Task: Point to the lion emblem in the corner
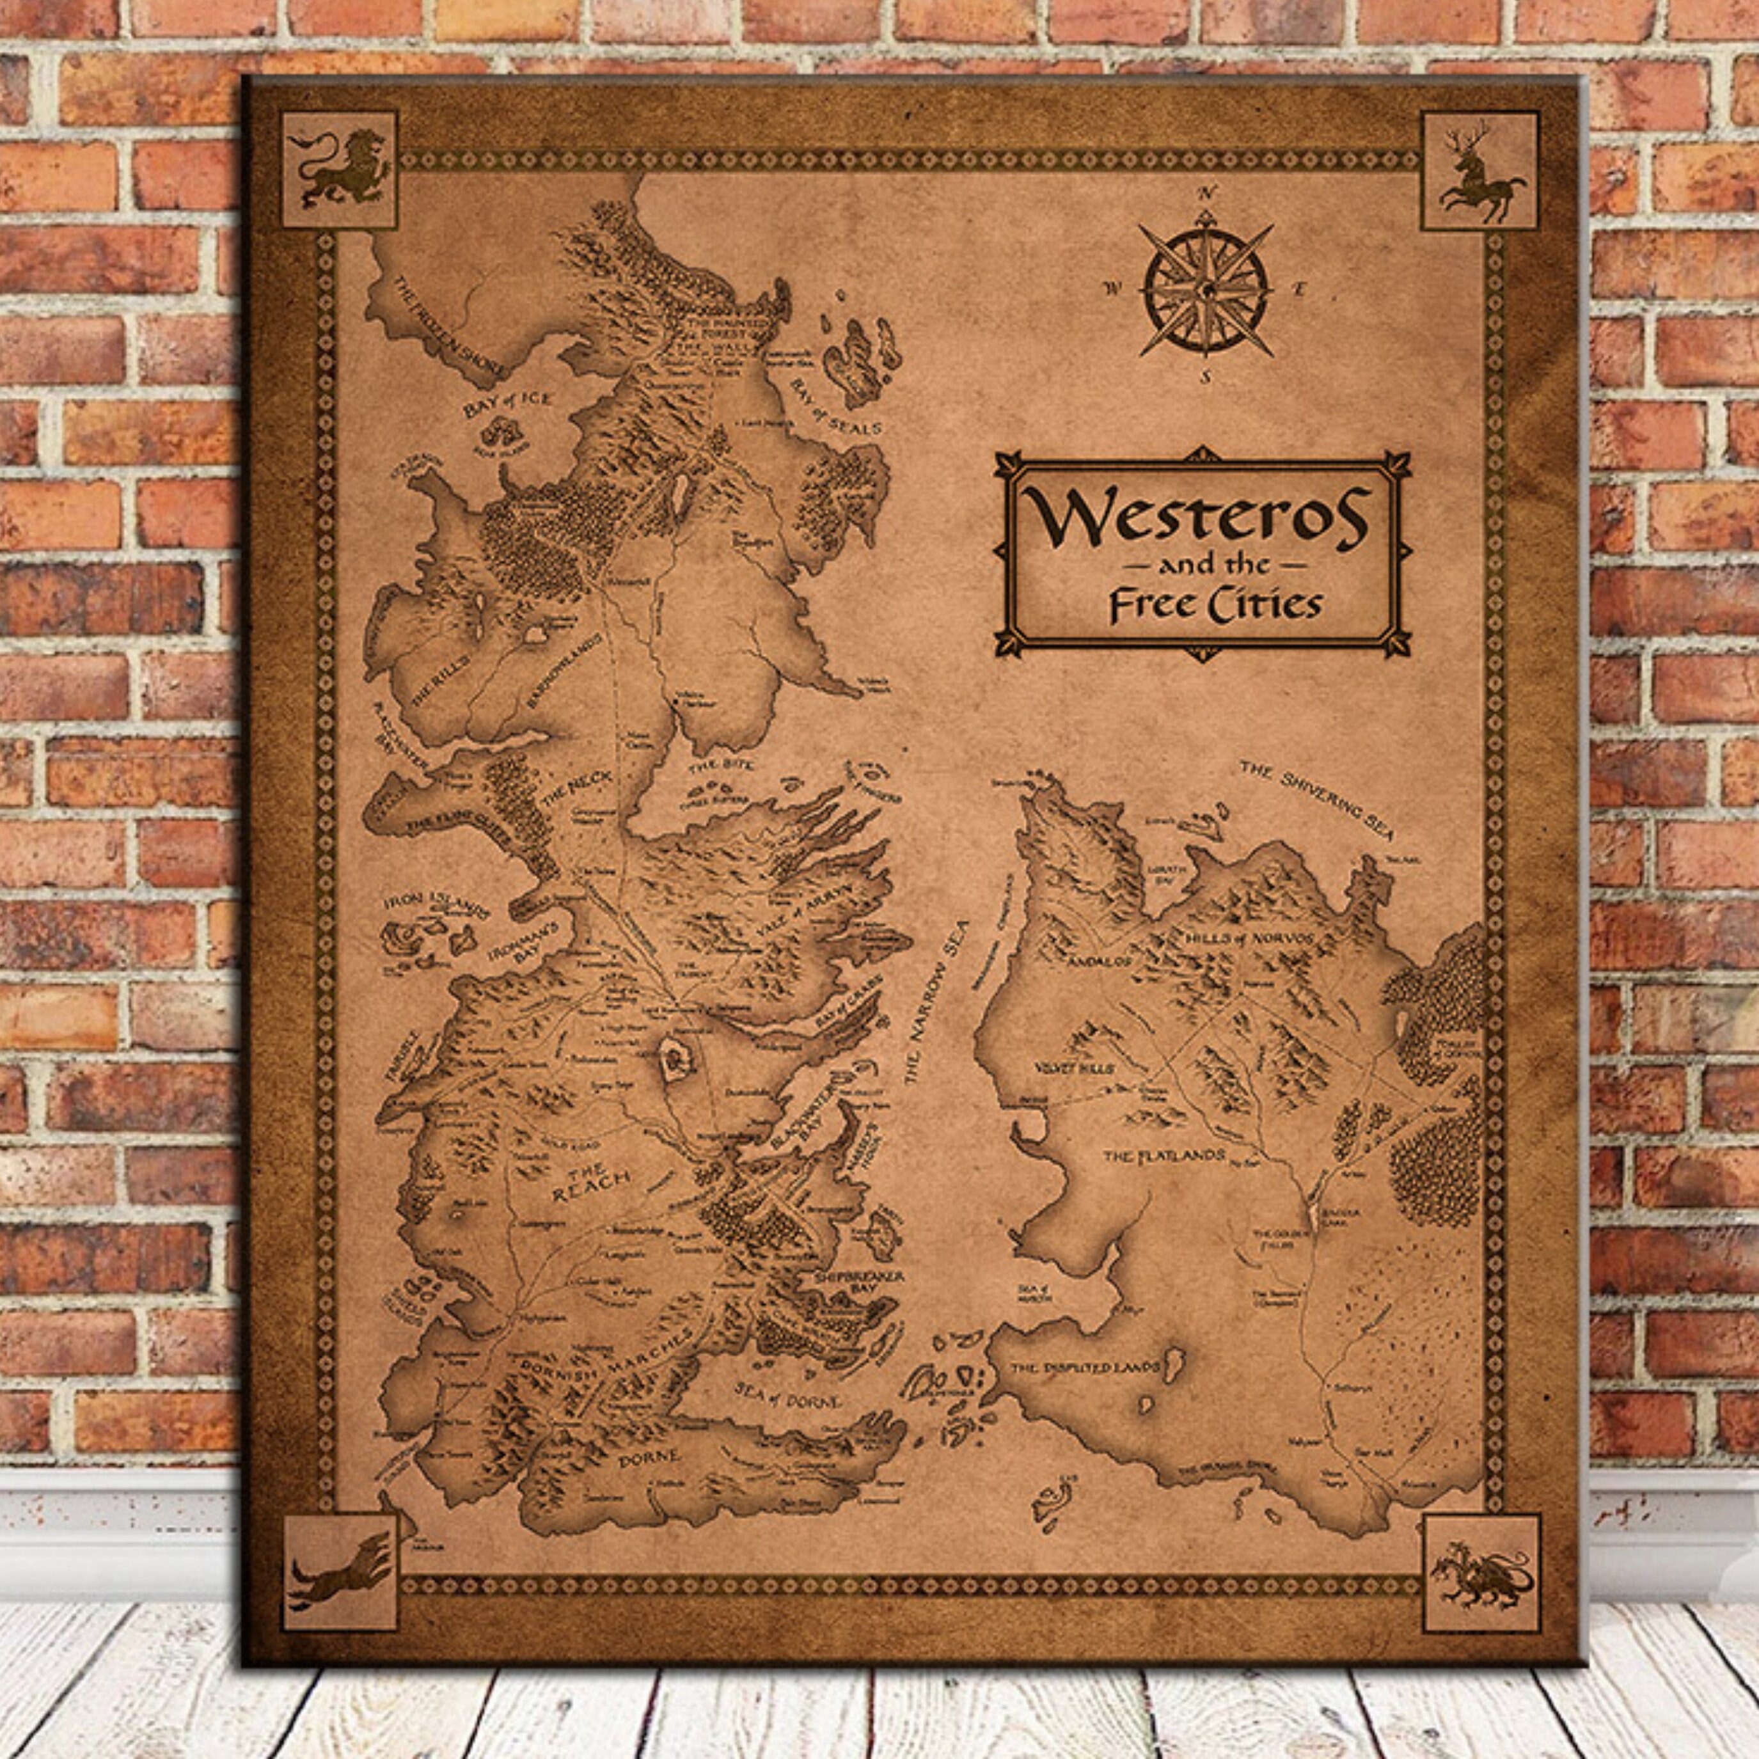[x=339, y=170]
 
